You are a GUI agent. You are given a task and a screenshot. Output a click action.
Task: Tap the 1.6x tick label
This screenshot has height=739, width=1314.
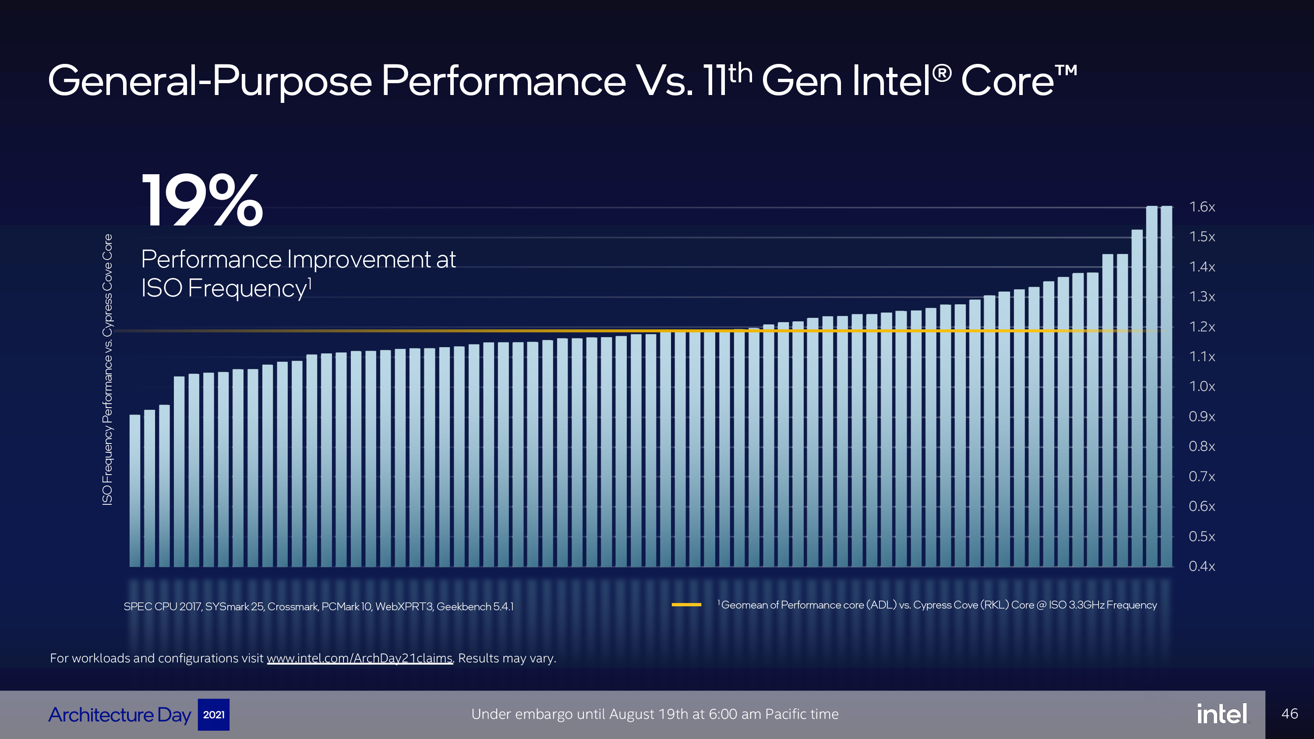tap(1202, 207)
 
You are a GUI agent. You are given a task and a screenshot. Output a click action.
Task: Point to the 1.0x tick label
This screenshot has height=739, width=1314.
tap(1202, 387)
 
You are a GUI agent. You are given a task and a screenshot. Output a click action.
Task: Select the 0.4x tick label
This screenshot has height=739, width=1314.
tap(1202, 566)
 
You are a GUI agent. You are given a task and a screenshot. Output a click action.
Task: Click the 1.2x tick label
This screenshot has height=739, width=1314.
tap(1202, 327)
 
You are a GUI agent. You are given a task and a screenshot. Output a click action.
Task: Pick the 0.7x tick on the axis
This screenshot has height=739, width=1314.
tap(1202, 476)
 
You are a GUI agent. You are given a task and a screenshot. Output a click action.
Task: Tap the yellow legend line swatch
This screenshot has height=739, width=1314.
tap(686, 605)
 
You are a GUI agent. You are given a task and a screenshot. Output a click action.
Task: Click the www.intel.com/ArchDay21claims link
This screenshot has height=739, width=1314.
tap(360, 658)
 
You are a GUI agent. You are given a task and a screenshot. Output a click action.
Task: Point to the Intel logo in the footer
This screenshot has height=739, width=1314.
tap(1222, 714)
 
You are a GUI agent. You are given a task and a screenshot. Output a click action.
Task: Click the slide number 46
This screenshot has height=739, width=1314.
tap(1289, 714)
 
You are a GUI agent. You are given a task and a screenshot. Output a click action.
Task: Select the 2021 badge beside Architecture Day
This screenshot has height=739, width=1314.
tap(214, 714)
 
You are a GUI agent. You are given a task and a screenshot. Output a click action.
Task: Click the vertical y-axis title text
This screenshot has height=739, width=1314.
tap(107, 370)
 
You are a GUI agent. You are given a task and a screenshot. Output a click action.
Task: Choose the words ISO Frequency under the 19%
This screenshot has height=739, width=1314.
tap(223, 288)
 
